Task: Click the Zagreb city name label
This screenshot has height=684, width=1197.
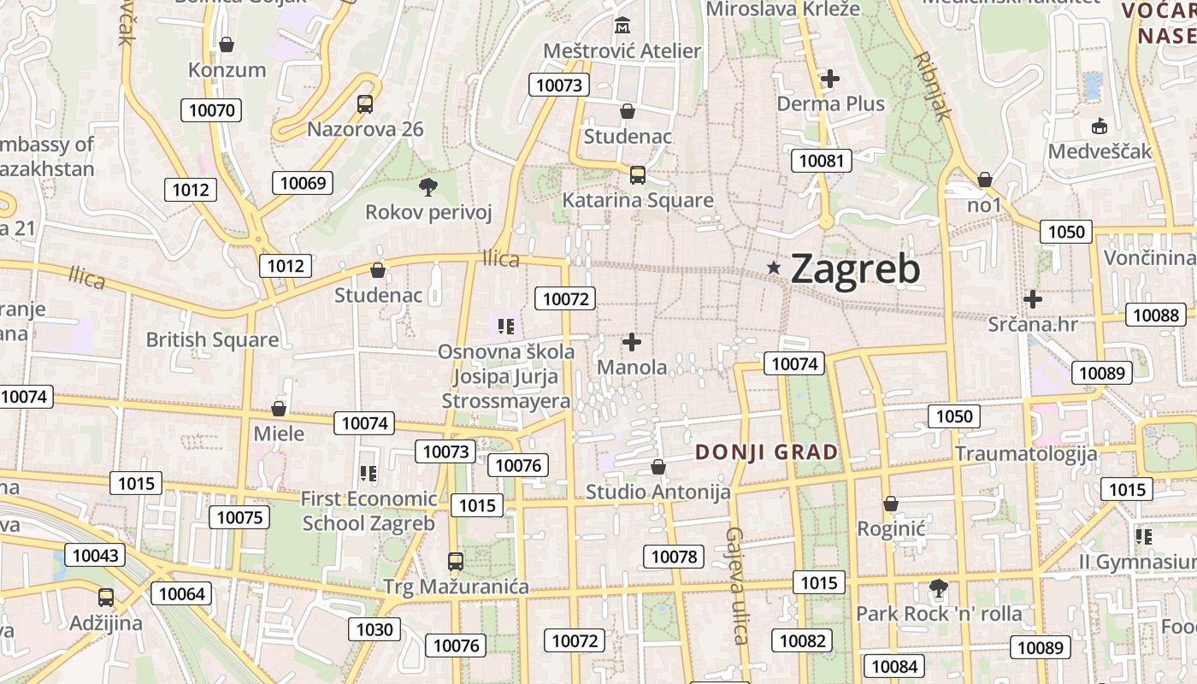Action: pos(855,268)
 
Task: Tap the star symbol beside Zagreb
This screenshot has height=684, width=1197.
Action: pos(775,268)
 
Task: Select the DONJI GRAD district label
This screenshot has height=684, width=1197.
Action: pos(766,452)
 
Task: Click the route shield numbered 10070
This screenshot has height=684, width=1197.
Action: pos(211,109)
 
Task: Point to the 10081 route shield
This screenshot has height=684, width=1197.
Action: pos(821,160)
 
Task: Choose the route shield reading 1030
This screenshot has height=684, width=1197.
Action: pos(374,630)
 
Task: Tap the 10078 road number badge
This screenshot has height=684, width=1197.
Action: pos(674,557)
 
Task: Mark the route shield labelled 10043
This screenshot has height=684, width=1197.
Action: pos(95,555)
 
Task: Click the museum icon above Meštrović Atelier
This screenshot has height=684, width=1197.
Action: pos(622,24)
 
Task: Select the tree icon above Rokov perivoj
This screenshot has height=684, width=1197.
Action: pos(427,186)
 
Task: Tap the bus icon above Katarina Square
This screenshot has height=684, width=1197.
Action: pos(637,175)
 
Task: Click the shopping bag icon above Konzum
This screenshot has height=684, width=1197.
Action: pos(227,44)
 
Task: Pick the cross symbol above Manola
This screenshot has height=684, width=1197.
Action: pos(632,342)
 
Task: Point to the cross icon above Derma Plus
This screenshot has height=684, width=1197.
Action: pos(829,79)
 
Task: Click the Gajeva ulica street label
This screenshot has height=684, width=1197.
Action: pos(736,585)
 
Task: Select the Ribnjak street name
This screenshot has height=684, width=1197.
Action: pos(933,85)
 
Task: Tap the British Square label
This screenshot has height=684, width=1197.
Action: pos(212,339)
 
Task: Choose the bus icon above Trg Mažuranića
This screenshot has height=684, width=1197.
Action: pos(456,562)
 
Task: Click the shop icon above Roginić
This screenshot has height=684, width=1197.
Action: pos(891,504)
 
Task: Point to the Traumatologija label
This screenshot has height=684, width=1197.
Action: pos(1026,453)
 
